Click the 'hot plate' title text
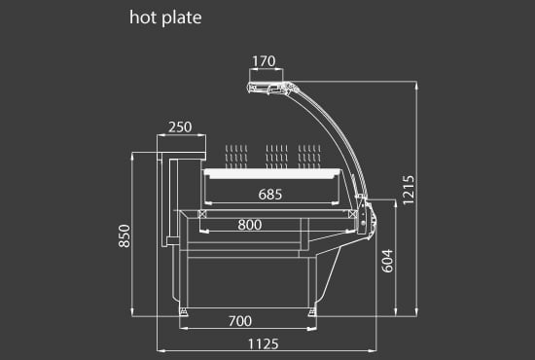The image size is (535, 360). click(165, 18)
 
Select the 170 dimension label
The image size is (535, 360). click(264, 61)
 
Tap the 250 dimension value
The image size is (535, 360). click(180, 127)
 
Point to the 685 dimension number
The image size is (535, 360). click(270, 195)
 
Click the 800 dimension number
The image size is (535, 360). click(250, 225)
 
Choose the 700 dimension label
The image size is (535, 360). click(240, 321)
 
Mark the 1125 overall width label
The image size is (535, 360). click(263, 344)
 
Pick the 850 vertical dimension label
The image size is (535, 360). click(125, 235)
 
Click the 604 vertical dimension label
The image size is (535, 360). click(387, 261)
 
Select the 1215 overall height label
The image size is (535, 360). click(409, 190)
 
